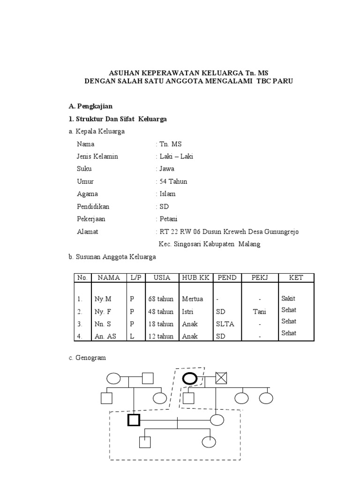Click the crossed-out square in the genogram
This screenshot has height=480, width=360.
tap(221, 378)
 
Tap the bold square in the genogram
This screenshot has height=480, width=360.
tap(134, 420)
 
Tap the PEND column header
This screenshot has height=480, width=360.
tap(226, 277)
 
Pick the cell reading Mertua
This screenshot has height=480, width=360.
tap(192, 299)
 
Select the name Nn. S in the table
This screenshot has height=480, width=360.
tap(104, 324)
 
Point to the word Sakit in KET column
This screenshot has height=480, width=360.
tap(289, 299)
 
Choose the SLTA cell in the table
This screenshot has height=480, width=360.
tap(225, 324)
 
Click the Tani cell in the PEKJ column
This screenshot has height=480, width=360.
tap(259, 312)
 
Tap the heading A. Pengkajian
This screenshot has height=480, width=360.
tap(89, 106)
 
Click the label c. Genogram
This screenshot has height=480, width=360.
tap(87, 358)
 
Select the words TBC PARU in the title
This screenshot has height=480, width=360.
tap(272, 81)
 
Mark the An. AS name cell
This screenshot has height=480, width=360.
tap(106, 336)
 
